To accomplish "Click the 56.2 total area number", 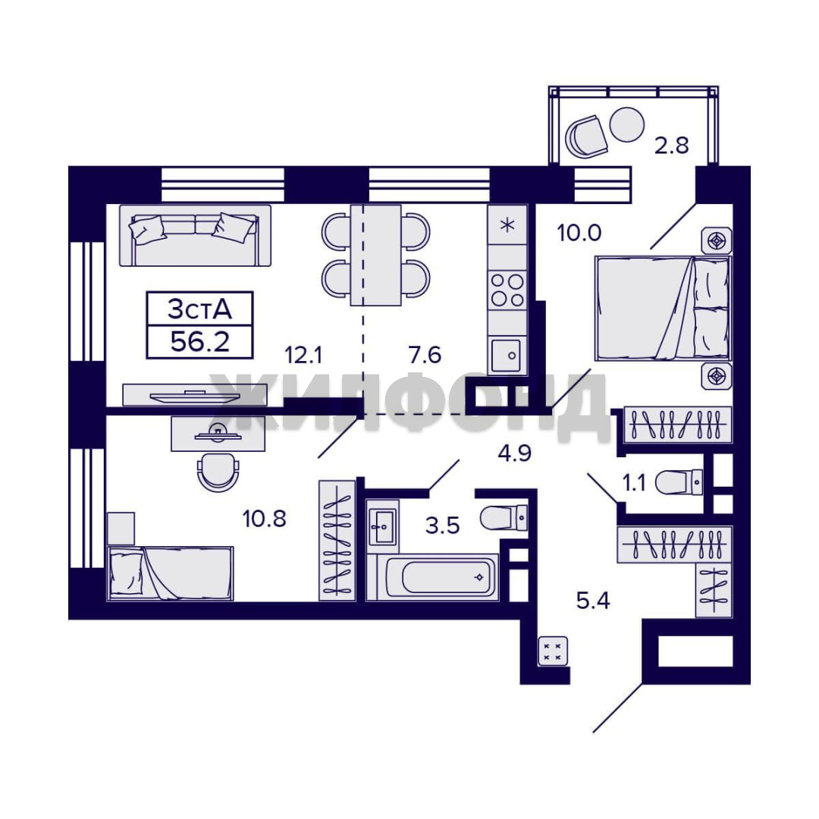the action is pos(200,342).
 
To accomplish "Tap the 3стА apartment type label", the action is pos(199,309).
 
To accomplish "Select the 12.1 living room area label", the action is pos(303,355).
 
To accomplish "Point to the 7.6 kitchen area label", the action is pos(425,355).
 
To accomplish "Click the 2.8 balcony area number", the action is pos(672,145).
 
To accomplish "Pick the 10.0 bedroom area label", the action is pos(579,233).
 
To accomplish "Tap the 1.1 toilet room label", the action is pos(635,483).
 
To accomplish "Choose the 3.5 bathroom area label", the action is pos(442,526).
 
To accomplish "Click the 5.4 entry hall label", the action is pos(593,601).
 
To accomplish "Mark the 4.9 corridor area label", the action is pos(514,453).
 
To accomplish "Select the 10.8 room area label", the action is pos(265,519).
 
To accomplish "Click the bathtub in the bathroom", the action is pos(441,576).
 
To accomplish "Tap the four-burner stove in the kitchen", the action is pos(507,290).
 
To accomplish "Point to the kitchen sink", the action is pos(506,356).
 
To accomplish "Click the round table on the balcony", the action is pos(627,124).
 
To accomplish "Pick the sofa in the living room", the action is pos(195,235).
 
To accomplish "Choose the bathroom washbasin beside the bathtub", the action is pos(382,527).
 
